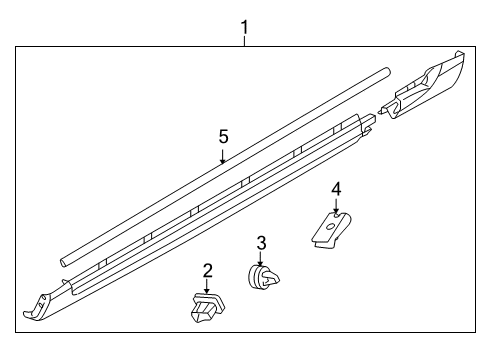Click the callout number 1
(245, 27)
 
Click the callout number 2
(207, 271)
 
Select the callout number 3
(262, 243)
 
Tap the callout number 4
(336, 190)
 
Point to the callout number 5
(224, 137)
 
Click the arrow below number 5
(223, 156)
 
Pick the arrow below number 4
(336, 206)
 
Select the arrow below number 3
(260, 259)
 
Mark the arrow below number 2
(207, 287)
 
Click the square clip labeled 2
(207, 307)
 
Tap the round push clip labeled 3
(263, 276)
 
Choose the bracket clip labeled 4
(332, 230)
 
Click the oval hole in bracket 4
(331, 227)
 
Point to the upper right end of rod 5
(387, 72)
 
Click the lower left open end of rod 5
(64, 262)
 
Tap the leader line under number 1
(245, 41)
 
